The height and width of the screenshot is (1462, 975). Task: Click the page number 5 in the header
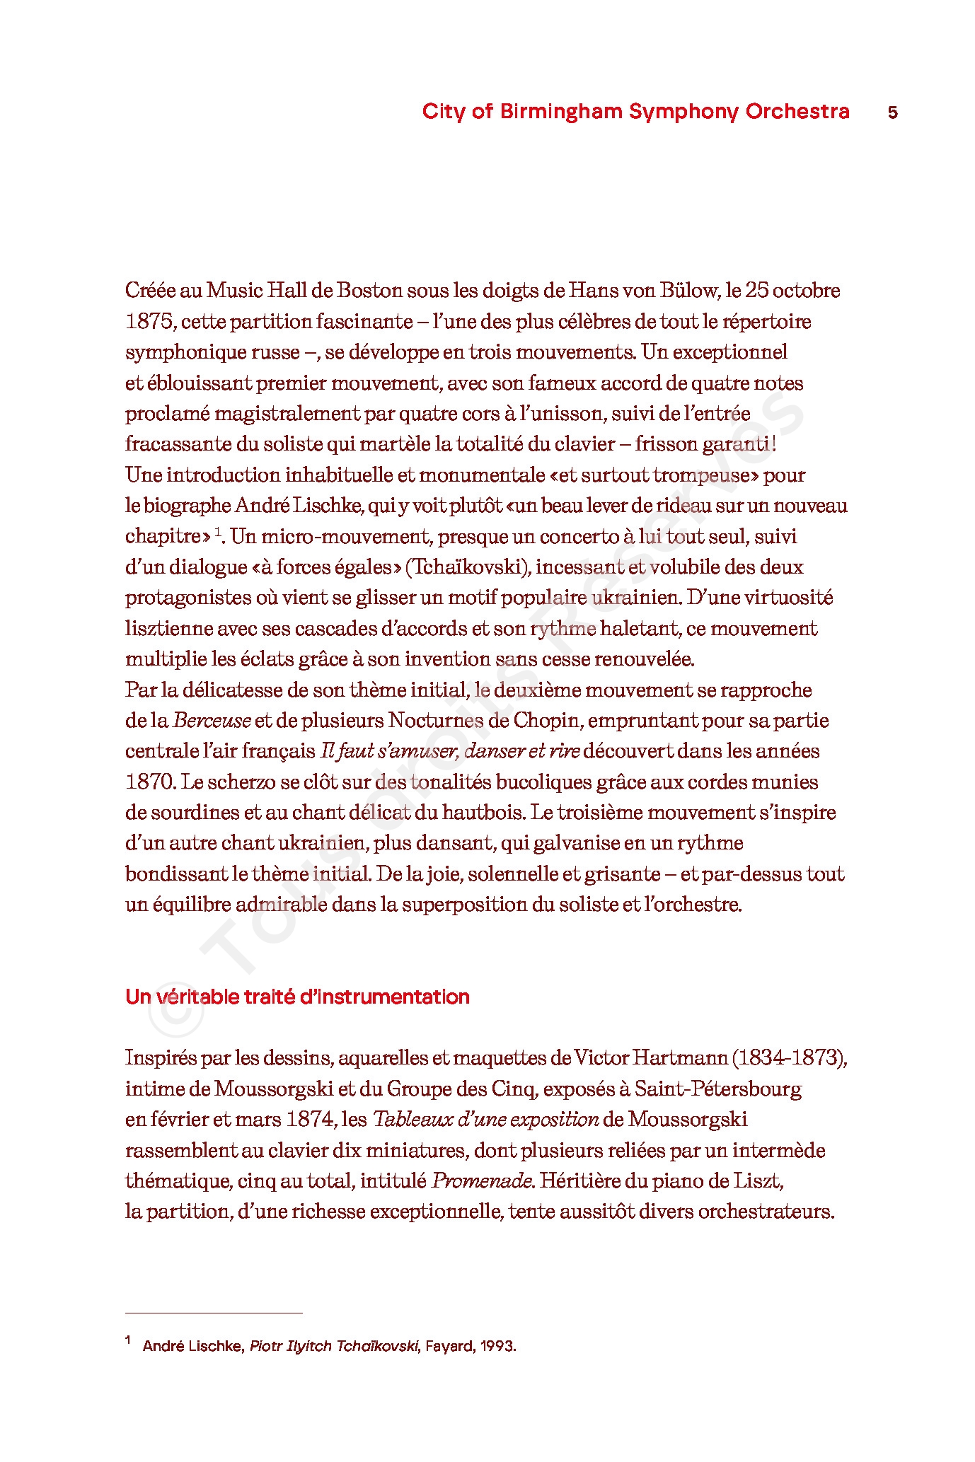[x=892, y=112]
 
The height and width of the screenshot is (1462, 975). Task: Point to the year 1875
[x=149, y=322]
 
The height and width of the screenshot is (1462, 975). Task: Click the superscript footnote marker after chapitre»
[x=219, y=531]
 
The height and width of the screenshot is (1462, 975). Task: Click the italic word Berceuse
[x=212, y=721]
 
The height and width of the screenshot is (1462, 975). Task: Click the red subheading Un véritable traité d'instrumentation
[x=297, y=997]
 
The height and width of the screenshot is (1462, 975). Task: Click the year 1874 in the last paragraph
[x=311, y=1120]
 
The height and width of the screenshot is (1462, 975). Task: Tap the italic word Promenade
[x=482, y=1180]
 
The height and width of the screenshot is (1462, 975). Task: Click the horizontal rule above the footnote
[x=214, y=1313]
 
